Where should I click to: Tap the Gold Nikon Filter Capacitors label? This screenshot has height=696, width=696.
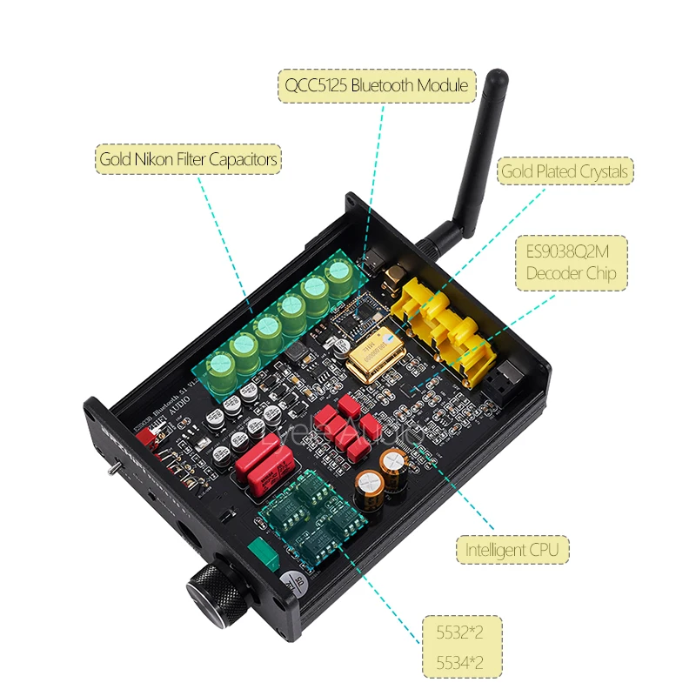188,159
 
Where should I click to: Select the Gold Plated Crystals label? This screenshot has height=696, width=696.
564,171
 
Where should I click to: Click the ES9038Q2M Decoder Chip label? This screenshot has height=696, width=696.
571,262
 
